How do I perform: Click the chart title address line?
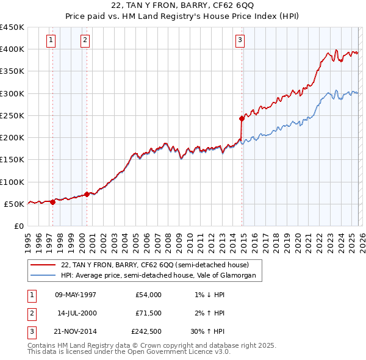click(x=183, y=5)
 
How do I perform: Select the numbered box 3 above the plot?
click(x=240, y=40)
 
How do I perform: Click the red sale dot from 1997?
click(x=52, y=202)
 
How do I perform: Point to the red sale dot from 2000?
click(x=87, y=194)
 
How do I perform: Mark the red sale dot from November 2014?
click(x=242, y=119)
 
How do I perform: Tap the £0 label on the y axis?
click(x=18, y=226)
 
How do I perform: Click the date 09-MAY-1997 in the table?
click(x=76, y=295)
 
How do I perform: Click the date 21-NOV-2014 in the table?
click(x=76, y=331)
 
